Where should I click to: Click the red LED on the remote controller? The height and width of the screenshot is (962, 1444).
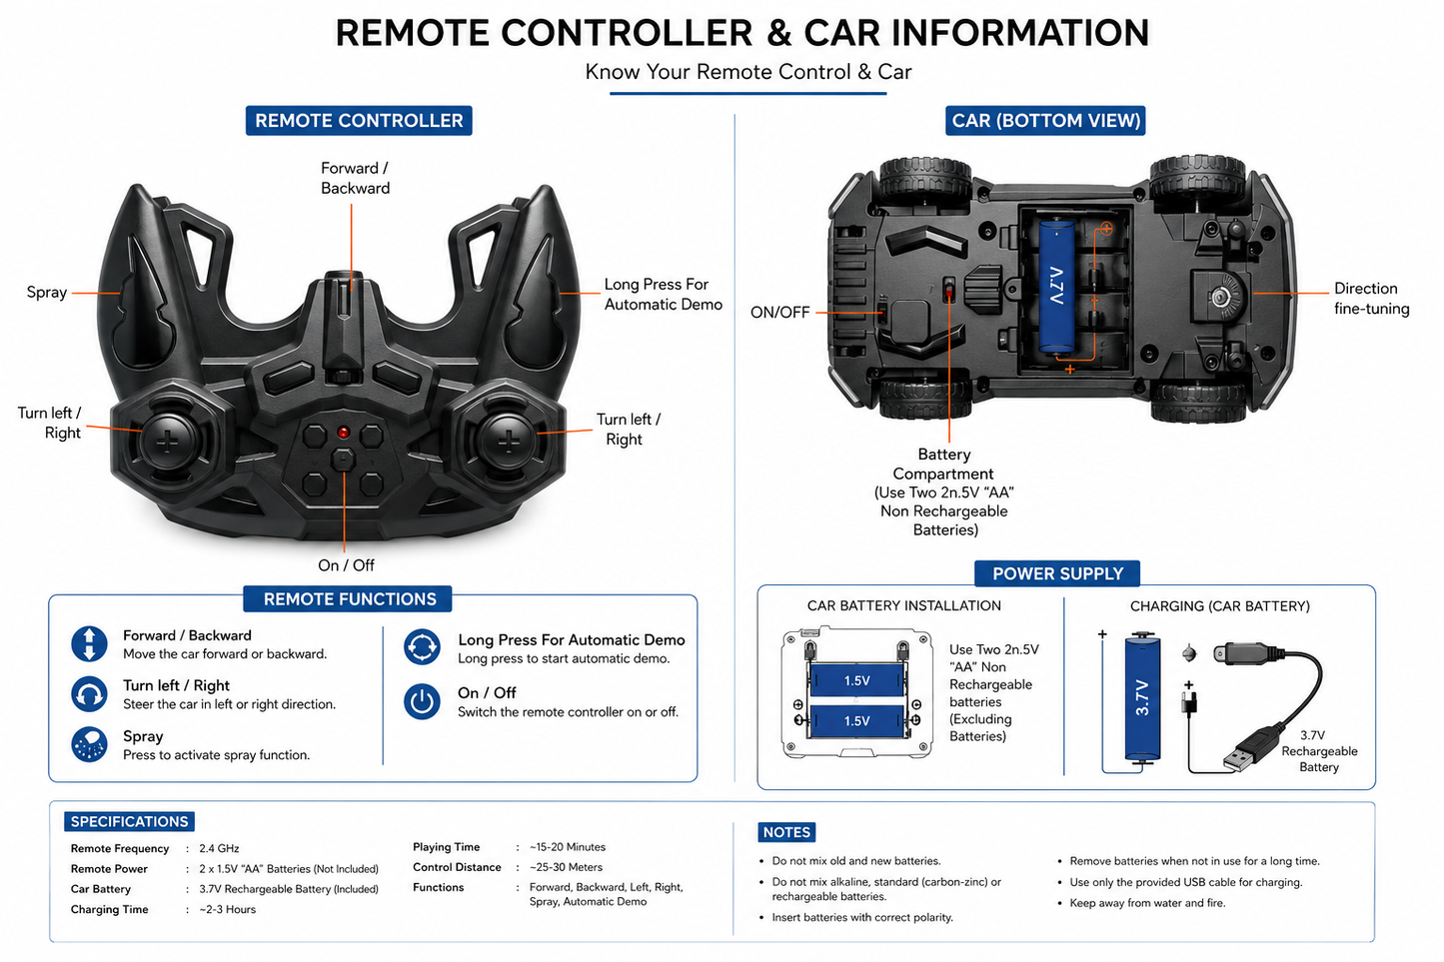343,432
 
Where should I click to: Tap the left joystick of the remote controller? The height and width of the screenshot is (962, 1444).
168,442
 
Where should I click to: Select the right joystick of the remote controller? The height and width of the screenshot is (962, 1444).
508,442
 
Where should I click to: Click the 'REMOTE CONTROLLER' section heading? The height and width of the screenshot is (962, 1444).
359,121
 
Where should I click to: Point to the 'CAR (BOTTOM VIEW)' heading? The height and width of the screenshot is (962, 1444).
1045,121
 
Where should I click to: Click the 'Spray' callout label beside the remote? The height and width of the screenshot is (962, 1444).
46,292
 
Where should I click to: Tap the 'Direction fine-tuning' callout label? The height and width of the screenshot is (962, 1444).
1371,299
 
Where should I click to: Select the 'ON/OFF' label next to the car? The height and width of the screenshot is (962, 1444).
779,313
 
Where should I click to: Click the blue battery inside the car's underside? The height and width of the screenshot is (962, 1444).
1056,287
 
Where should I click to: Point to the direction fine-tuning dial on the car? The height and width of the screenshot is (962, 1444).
1220,297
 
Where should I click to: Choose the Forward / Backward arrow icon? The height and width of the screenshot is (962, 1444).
89,643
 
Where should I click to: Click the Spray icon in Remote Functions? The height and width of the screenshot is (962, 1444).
89,745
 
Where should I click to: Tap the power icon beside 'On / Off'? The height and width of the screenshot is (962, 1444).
423,701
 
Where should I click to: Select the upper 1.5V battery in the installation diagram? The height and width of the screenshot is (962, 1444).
856,680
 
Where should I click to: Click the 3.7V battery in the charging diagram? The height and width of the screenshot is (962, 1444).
1142,697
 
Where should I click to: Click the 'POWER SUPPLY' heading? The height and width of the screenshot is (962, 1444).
1057,573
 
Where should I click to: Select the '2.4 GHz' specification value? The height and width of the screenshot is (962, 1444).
219,848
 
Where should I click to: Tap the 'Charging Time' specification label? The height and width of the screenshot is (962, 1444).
110,909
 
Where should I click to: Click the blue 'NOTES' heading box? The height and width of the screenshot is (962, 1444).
786,832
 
